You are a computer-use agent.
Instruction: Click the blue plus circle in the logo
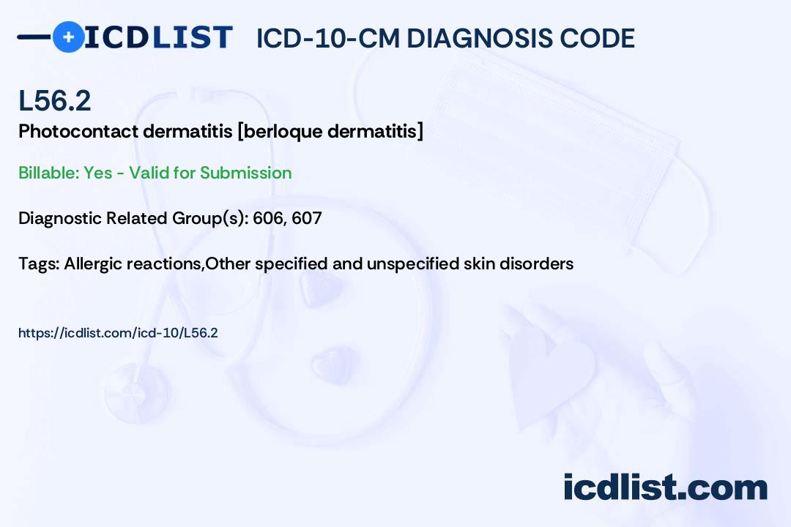click(68, 37)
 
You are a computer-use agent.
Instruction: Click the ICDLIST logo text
click(158, 37)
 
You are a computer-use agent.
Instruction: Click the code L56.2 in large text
click(54, 100)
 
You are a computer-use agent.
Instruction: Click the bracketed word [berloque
click(280, 131)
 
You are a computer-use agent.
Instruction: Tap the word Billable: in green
click(48, 173)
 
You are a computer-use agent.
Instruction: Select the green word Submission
click(245, 173)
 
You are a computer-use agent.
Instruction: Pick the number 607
click(307, 218)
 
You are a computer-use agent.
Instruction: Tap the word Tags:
click(40, 263)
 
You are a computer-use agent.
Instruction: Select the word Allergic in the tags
click(93, 263)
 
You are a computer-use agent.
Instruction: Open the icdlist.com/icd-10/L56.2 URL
click(118, 333)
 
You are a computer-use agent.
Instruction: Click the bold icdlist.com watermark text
click(665, 487)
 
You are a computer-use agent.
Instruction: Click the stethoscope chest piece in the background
click(136, 392)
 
